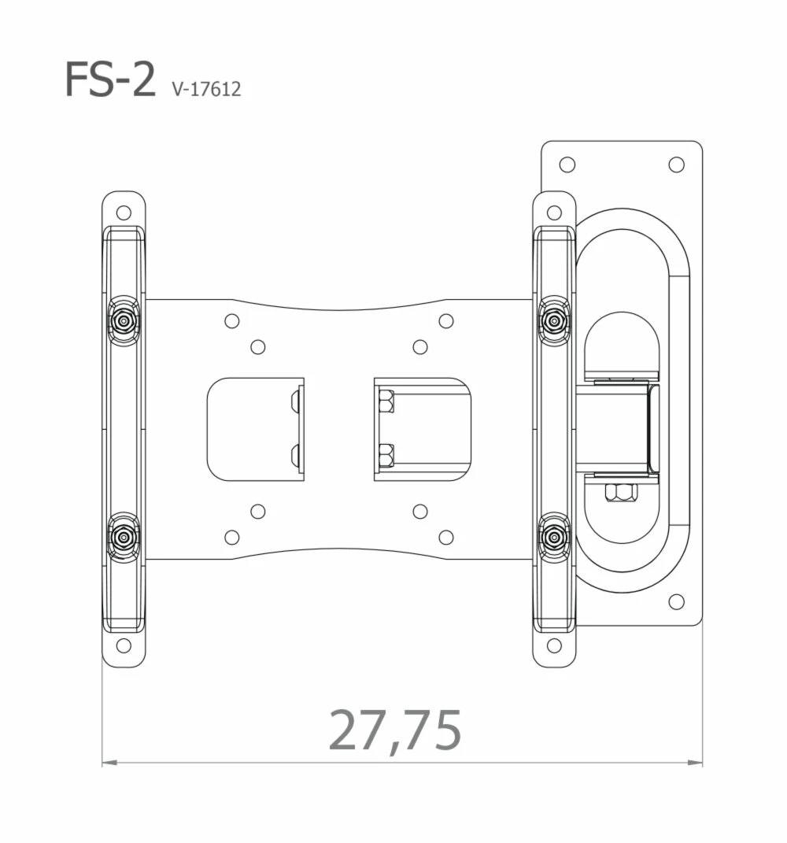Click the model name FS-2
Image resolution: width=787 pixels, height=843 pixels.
pos(110,79)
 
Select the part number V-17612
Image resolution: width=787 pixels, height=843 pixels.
pos(206,89)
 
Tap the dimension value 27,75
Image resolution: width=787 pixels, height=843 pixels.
pos(395,730)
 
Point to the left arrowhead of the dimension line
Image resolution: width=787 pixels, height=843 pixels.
pos(109,762)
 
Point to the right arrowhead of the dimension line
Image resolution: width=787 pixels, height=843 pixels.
pos(695,762)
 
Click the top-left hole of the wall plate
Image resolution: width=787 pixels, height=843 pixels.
pos(567,165)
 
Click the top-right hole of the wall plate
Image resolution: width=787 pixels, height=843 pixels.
pos(676,165)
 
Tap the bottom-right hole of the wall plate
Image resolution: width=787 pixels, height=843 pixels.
pos(676,602)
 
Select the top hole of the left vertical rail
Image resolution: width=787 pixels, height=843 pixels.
pos(124,213)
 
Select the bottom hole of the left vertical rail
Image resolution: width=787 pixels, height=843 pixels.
pos(124,645)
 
